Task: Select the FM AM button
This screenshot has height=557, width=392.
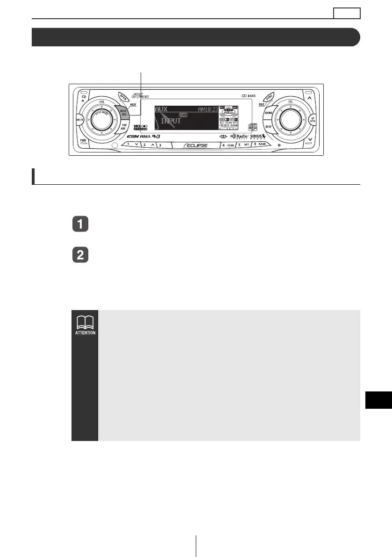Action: tap(124, 128)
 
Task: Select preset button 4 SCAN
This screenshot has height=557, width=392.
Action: tap(228, 145)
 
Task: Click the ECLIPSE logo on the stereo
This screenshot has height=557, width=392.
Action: tap(196, 145)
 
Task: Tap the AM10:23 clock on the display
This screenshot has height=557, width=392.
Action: tap(207, 109)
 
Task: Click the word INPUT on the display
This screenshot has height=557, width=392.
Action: tap(171, 121)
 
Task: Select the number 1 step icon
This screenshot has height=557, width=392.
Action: tap(80, 224)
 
